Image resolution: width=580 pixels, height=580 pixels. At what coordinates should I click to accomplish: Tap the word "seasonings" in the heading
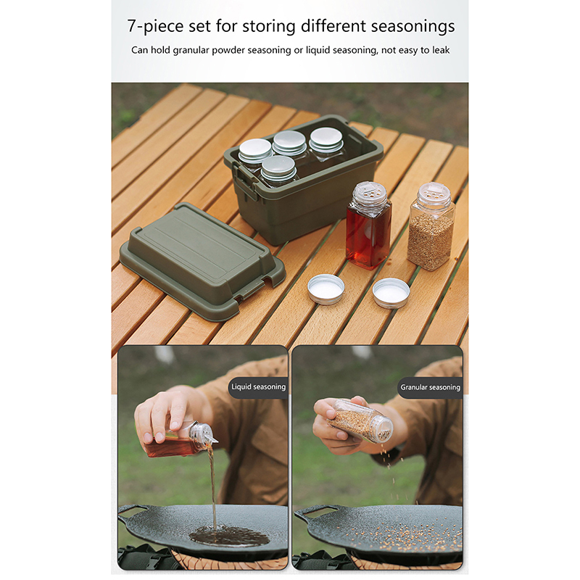click(x=413, y=27)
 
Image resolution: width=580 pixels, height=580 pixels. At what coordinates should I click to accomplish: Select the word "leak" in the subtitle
click(x=440, y=50)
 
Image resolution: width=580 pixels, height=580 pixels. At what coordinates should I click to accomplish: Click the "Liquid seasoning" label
click(x=259, y=387)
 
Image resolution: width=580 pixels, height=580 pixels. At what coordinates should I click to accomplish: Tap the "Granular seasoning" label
click(x=430, y=387)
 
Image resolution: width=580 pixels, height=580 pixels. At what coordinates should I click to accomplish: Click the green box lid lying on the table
click(x=202, y=260)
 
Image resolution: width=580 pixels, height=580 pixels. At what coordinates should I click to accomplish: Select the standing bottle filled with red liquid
click(x=368, y=225)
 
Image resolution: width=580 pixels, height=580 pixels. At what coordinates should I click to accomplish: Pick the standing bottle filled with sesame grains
click(x=431, y=227)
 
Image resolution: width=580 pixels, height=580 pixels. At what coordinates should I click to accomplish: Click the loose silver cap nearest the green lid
click(x=326, y=289)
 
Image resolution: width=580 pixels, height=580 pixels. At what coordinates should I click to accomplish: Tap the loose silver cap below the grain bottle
click(x=391, y=293)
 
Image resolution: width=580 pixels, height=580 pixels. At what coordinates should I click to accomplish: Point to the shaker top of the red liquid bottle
click(x=370, y=194)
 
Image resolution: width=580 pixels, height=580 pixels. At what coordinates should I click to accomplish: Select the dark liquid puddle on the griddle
click(x=229, y=536)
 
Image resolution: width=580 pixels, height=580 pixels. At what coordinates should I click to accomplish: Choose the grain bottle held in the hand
click(x=360, y=422)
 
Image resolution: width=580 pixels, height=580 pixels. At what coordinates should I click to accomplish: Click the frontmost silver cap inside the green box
click(x=278, y=167)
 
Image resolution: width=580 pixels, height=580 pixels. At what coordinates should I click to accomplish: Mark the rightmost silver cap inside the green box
click(x=326, y=139)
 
